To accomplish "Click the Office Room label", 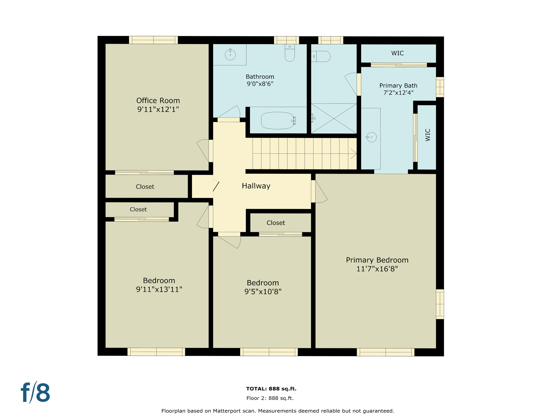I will click(158, 101).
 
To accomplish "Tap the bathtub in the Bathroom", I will click(277, 121).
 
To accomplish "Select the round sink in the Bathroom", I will click(230, 55).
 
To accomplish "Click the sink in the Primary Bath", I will click(371, 137).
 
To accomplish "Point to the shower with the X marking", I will click(334, 118).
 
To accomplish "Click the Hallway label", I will click(256, 186).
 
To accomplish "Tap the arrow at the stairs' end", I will click(353, 154).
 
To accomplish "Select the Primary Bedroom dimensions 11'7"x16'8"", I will click(377, 269).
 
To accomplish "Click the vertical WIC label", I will click(428, 135).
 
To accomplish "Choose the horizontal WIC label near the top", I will click(397, 53).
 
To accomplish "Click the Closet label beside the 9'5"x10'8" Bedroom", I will click(276, 223).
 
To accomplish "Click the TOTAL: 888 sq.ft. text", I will click(271, 389).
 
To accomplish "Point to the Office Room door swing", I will click(203, 150).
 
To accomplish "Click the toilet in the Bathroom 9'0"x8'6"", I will click(290, 53).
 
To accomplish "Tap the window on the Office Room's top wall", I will click(153, 40).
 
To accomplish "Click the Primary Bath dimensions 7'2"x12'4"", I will click(398, 93).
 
